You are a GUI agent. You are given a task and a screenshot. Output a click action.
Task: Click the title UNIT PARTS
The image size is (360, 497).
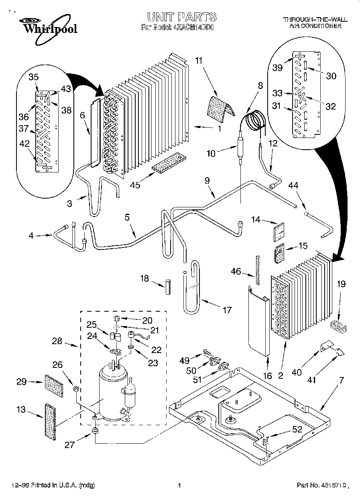click(x=182, y=17)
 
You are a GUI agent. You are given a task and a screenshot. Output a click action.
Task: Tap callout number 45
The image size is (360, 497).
click(x=135, y=185)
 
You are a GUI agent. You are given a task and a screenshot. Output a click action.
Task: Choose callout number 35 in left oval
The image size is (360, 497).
click(x=33, y=77)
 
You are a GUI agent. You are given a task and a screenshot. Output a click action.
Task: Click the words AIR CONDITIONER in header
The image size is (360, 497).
click(x=315, y=26)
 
